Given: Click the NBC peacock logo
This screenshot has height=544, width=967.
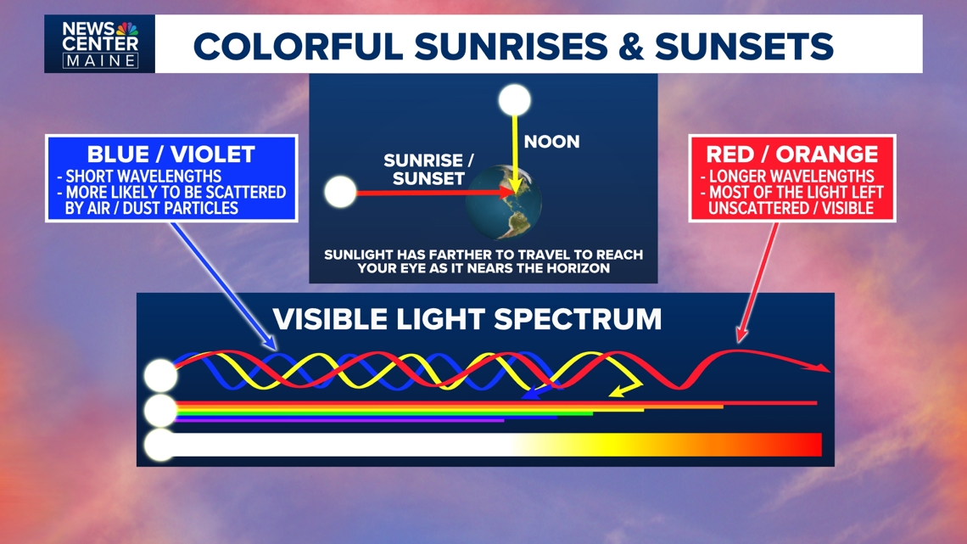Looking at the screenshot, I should (128, 30).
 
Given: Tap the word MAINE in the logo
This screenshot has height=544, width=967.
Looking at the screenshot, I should (99, 60).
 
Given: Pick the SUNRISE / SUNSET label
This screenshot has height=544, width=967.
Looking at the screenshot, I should (424, 169).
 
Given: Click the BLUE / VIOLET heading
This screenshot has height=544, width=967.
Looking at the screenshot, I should (170, 154).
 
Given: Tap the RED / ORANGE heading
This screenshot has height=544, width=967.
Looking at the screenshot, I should (791, 154).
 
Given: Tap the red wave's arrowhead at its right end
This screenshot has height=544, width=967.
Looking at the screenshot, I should (822, 367).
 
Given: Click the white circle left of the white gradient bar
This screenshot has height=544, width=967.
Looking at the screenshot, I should (159, 445).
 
